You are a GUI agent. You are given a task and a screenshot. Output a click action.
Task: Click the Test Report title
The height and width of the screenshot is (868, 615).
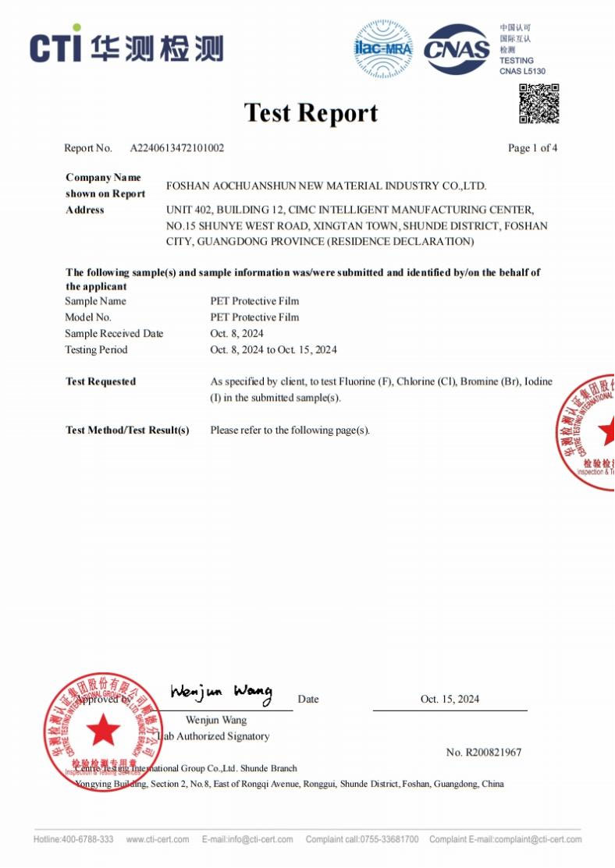[x=311, y=113]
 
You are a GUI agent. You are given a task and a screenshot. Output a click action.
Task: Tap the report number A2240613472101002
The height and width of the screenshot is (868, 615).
[x=177, y=148]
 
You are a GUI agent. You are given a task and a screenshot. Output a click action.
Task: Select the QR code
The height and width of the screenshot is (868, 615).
[x=539, y=104]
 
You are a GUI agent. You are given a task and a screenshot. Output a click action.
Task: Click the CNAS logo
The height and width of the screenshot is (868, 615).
[x=457, y=49]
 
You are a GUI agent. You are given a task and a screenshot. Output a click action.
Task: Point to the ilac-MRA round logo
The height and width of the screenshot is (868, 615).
[x=383, y=48]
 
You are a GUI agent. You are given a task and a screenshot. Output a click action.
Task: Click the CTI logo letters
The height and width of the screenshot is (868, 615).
[x=55, y=48]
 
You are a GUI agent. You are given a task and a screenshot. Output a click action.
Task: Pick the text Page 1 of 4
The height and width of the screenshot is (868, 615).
[x=532, y=148]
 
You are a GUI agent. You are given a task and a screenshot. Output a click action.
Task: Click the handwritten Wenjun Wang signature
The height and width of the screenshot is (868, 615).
[x=221, y=692]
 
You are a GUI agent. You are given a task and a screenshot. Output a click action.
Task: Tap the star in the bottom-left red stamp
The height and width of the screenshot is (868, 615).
[x=103, y=731]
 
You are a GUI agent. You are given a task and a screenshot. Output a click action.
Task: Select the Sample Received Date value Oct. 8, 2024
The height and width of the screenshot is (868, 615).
[x=237, y=334]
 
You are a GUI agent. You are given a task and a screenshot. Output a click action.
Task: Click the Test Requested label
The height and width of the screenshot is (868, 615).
[x=101, y=382]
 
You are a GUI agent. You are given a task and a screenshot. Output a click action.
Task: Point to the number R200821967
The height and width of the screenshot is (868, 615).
[x=484, y=753]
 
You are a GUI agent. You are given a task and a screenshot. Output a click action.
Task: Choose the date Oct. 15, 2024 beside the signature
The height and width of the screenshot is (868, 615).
[x=450, y=700]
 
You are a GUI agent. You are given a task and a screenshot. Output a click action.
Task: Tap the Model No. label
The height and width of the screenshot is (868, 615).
[x=88, y=317]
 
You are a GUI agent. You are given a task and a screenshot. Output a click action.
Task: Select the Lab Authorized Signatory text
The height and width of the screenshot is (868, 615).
[x=215, y=736]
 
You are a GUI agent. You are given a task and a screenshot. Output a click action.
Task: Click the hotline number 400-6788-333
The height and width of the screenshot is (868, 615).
[x=87, y=840]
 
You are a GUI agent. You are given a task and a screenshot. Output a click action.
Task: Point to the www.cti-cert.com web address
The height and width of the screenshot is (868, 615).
[x=158, y=840]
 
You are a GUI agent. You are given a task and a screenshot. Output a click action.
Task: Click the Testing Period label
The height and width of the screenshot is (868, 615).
[x=96, y=350]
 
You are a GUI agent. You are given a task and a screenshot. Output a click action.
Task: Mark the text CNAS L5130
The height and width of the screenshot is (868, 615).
[x=522, y=72]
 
